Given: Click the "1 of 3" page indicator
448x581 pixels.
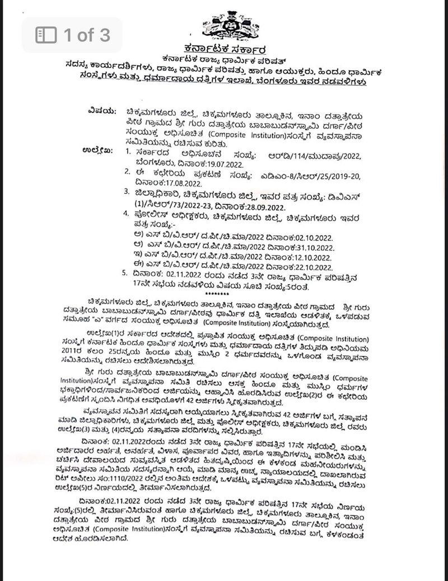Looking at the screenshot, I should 86,35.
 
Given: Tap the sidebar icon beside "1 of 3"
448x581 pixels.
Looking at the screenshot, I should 46,35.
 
